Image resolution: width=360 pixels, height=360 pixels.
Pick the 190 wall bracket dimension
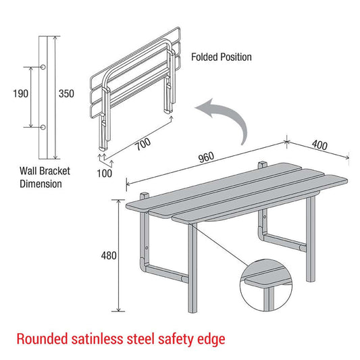click(20, 94)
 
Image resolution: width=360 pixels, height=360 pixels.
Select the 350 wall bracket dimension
click(66, 94)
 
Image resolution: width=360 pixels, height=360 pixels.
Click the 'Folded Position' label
click(221, 57)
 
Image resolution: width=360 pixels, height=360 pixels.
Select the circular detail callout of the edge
click(266, 286)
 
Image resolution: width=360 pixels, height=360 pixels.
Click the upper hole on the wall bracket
click(44, 67)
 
